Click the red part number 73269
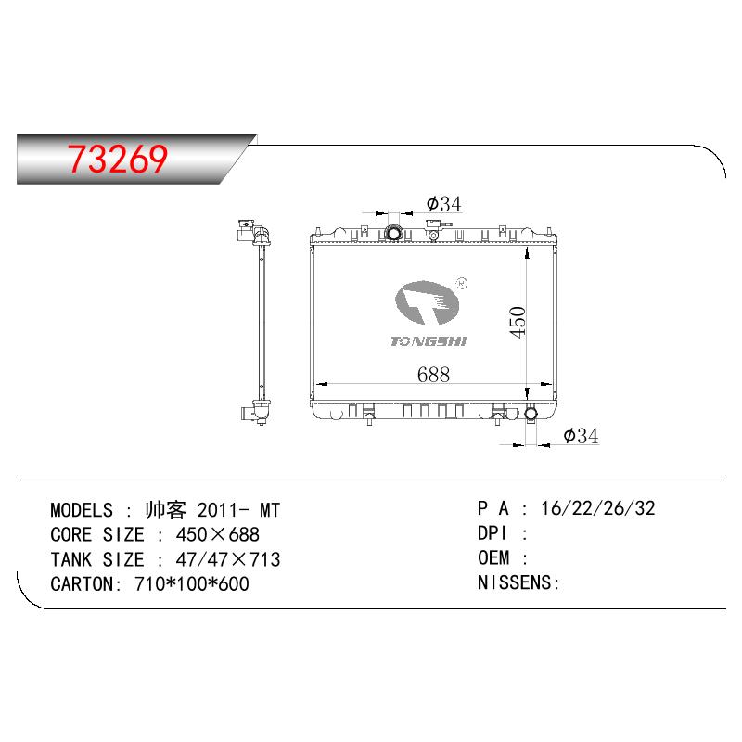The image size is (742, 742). pyautogui.click(x=118, y=159)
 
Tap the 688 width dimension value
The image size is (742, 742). pyautogui.click(x=433, y=375)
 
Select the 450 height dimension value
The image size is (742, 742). pyautogui.click(x=518, y=322)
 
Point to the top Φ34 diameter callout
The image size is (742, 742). pyautogui.click(x=443, y=204)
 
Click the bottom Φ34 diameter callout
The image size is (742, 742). pyautogui.click(x=581, y=435)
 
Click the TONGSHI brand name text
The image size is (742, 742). pyautogui.click(x=429, y=341)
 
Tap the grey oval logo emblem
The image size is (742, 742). pyautogui.click(x=427, y=303)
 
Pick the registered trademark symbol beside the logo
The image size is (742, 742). pyautogui.click(x=461, y=283)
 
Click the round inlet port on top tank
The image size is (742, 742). pyautogui.click(x=393, y=233)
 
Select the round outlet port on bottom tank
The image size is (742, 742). pyautogui.click(x=531, y=414)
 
